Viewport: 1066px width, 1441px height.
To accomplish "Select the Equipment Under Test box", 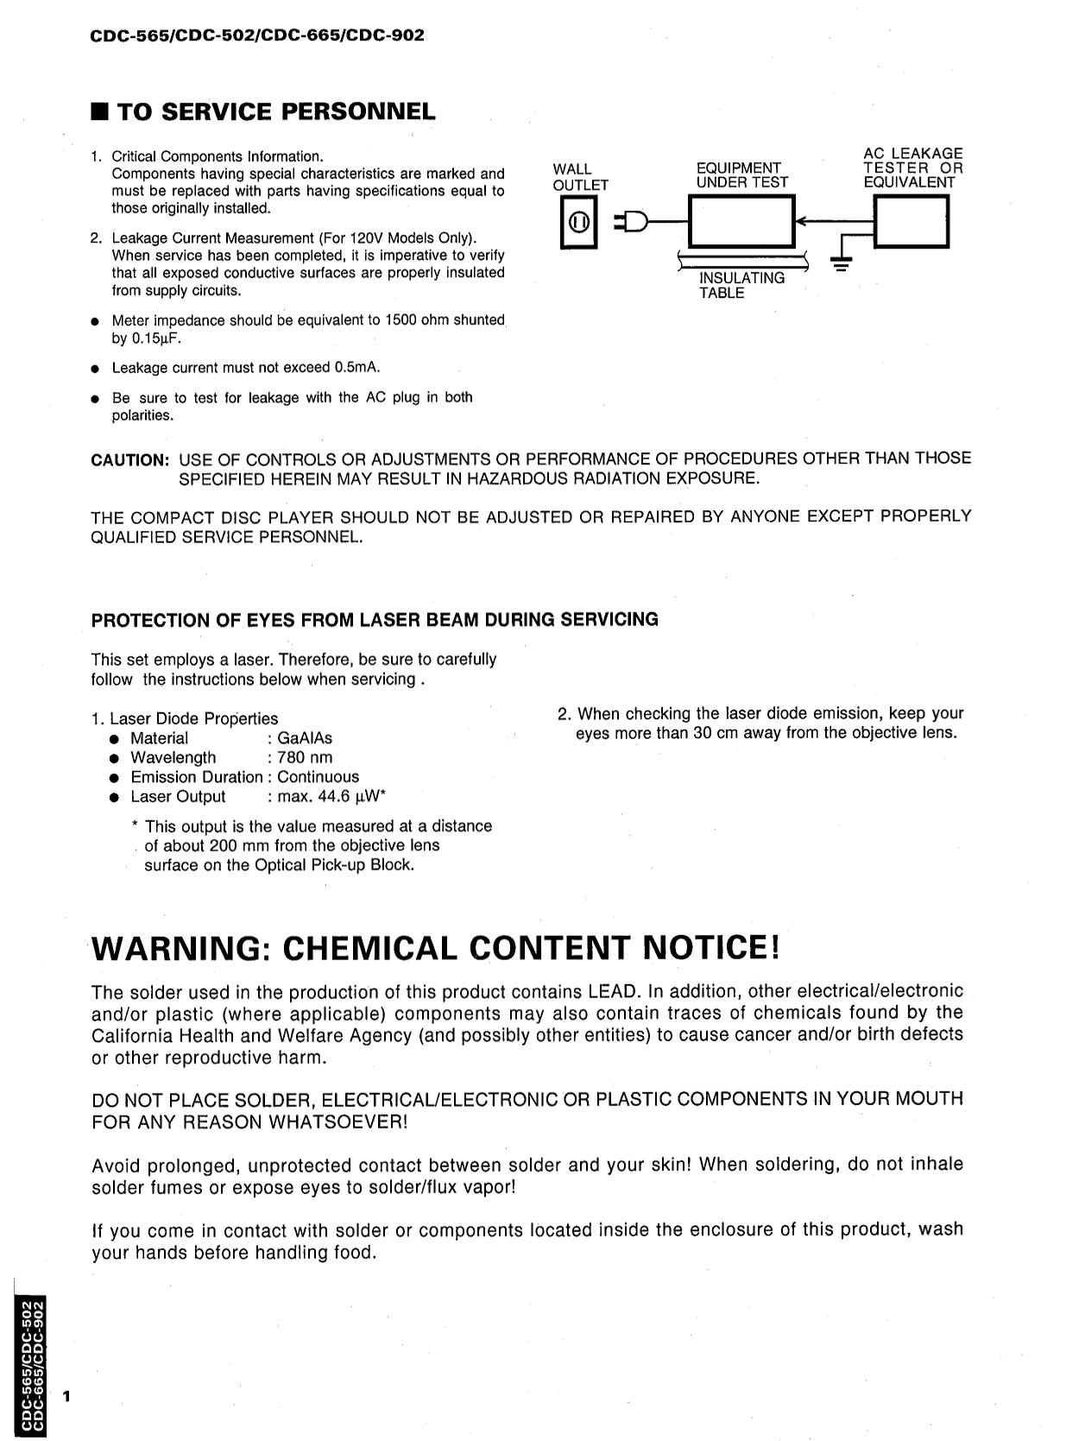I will pos(742,223).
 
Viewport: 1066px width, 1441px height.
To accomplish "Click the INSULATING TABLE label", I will pos(741,286).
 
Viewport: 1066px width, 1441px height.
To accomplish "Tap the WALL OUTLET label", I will pos(580,177).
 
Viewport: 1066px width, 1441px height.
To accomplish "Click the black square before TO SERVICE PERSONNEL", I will pos(101,112).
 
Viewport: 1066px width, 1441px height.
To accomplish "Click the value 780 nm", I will pos(305,758).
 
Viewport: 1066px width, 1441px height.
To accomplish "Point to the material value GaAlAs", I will pos(305,738).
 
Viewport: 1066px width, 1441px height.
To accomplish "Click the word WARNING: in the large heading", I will pos(181,949).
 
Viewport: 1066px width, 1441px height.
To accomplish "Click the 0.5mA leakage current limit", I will pos(356,368).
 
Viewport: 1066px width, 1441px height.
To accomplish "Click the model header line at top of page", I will pos(257,36).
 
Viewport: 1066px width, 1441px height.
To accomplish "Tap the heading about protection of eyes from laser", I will pos(375,620).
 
